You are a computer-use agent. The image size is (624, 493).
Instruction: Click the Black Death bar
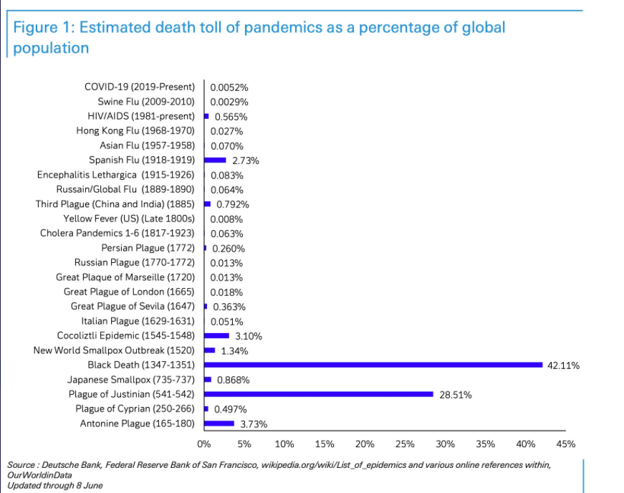373,365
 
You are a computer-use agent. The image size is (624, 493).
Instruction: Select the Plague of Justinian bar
319,394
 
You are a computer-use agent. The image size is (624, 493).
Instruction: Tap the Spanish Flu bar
216,161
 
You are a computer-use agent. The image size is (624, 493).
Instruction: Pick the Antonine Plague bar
219,423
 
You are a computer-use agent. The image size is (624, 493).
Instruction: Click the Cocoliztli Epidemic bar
217,335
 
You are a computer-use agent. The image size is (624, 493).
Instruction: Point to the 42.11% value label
563,365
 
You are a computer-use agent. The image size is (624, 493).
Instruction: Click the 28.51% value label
455,395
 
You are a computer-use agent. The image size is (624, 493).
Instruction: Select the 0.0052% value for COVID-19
229,87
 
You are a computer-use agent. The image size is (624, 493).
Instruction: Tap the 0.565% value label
230,117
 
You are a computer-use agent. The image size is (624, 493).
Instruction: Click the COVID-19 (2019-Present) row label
140,87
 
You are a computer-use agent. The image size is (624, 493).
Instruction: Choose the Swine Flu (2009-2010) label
146,102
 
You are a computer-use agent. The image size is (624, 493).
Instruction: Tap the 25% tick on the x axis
405,444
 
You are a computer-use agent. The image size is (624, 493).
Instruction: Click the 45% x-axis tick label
566,444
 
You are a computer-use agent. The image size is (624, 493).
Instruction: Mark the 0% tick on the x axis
204,444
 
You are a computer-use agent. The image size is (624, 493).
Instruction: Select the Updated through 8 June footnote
55,485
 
